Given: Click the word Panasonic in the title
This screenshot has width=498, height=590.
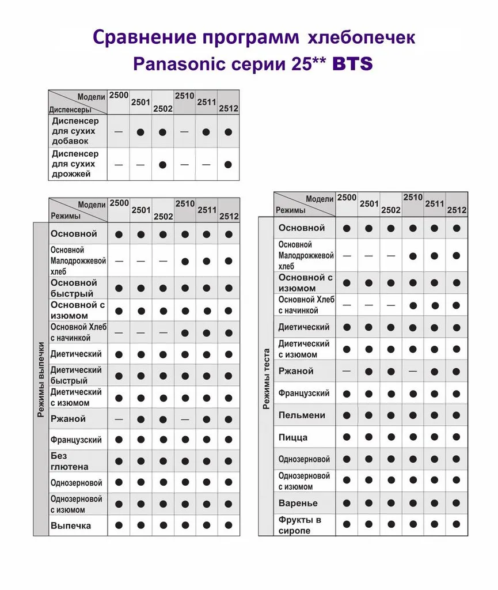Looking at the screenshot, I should [178, 63].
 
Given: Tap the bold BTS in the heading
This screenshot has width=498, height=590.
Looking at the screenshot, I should [352, 64].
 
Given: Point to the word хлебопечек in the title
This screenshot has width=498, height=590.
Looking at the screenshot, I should [362, 38].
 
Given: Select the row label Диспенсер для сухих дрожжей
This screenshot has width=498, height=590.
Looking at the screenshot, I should [75, 164].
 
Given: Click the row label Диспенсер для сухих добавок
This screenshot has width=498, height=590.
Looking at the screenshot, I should [75, 131].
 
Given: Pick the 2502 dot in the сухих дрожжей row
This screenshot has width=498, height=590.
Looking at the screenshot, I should [163, 164].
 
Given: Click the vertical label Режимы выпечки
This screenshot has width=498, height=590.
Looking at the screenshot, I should [41, 380].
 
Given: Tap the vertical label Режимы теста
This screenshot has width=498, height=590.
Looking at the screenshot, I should [266, 378].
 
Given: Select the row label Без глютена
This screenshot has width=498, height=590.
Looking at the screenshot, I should [69, 461].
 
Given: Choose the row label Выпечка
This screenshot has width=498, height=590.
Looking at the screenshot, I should [71, 525].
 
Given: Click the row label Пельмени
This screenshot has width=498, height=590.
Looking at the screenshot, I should [302, 415].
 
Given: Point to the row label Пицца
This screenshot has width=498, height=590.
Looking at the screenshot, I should [293, 437].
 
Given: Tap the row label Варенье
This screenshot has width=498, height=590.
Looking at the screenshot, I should [298, 503].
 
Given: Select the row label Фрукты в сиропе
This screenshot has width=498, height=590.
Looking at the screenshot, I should [299, 525].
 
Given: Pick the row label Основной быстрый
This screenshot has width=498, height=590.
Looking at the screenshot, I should [74, 288].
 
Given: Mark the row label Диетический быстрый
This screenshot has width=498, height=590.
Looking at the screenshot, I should [75, 375].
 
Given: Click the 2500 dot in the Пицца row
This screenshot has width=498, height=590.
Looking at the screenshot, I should [347, 437].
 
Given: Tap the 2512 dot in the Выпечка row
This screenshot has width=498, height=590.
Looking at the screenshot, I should [229, 525].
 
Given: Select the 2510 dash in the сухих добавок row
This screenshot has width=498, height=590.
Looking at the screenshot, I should [184, 131].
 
